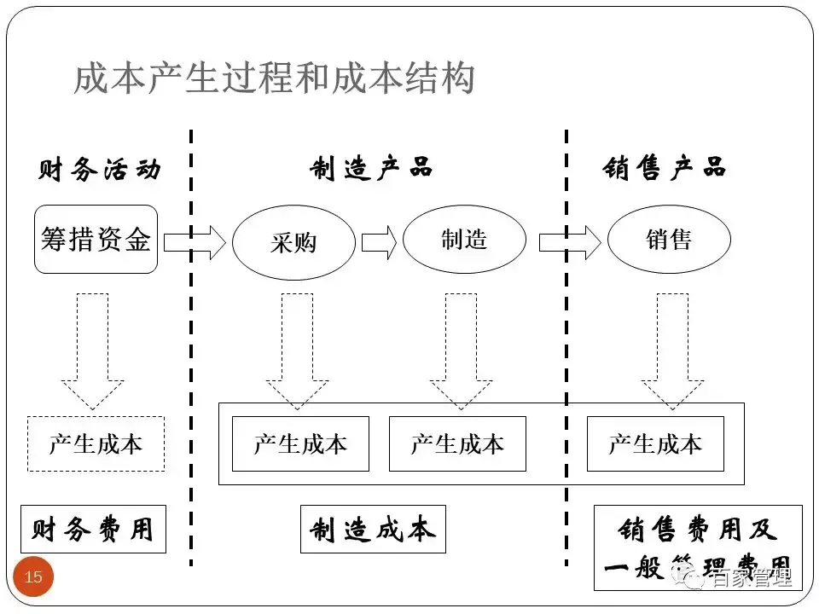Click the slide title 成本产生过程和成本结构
[x=274, y=81]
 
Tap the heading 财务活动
[x=99, y=169]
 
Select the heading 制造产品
[x=371, y=168]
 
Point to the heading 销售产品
[x=664, y=168]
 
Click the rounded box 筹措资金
[x=96, y=240]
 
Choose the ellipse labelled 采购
[x=293, y=243]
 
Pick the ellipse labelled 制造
[x=464, y=240]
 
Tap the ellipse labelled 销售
[x=669, y=240]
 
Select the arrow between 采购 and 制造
[x=379, y=242]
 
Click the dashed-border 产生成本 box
[x=96, y=443]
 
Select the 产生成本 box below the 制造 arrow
[x=457, y=443]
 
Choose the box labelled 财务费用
[x=93, y=530]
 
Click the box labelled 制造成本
[x=373, y=530]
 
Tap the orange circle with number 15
[x=33, y=577]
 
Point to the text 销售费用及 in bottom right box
[x=698, y=530]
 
